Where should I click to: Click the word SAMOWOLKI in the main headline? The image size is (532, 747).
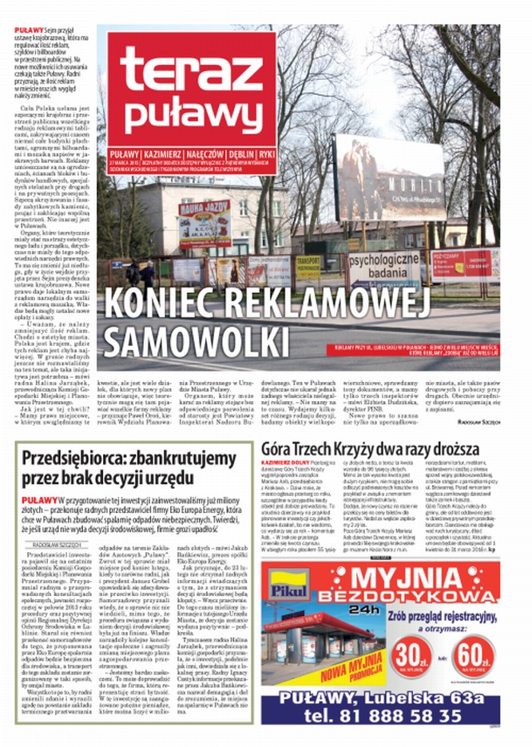tap(183, 341)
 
